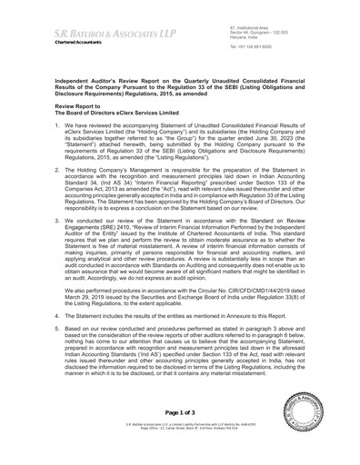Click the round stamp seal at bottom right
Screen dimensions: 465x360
point(320,431)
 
